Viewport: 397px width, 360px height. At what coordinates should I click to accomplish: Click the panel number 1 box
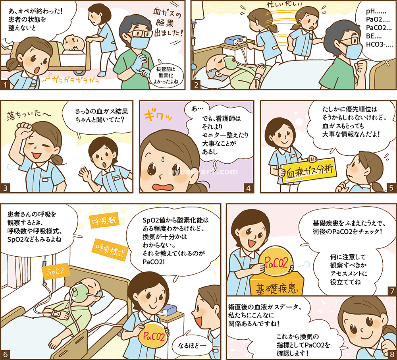(5, 85)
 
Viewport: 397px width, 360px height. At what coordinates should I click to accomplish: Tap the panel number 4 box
(248, 188)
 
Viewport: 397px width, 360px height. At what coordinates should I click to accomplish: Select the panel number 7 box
(392, 291)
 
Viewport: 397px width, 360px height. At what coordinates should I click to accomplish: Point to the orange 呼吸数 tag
(104, 220)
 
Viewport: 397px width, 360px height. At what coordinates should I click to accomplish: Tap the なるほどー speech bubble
(192, 345)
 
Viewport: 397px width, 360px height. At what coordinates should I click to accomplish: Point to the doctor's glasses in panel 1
(140, 34)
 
